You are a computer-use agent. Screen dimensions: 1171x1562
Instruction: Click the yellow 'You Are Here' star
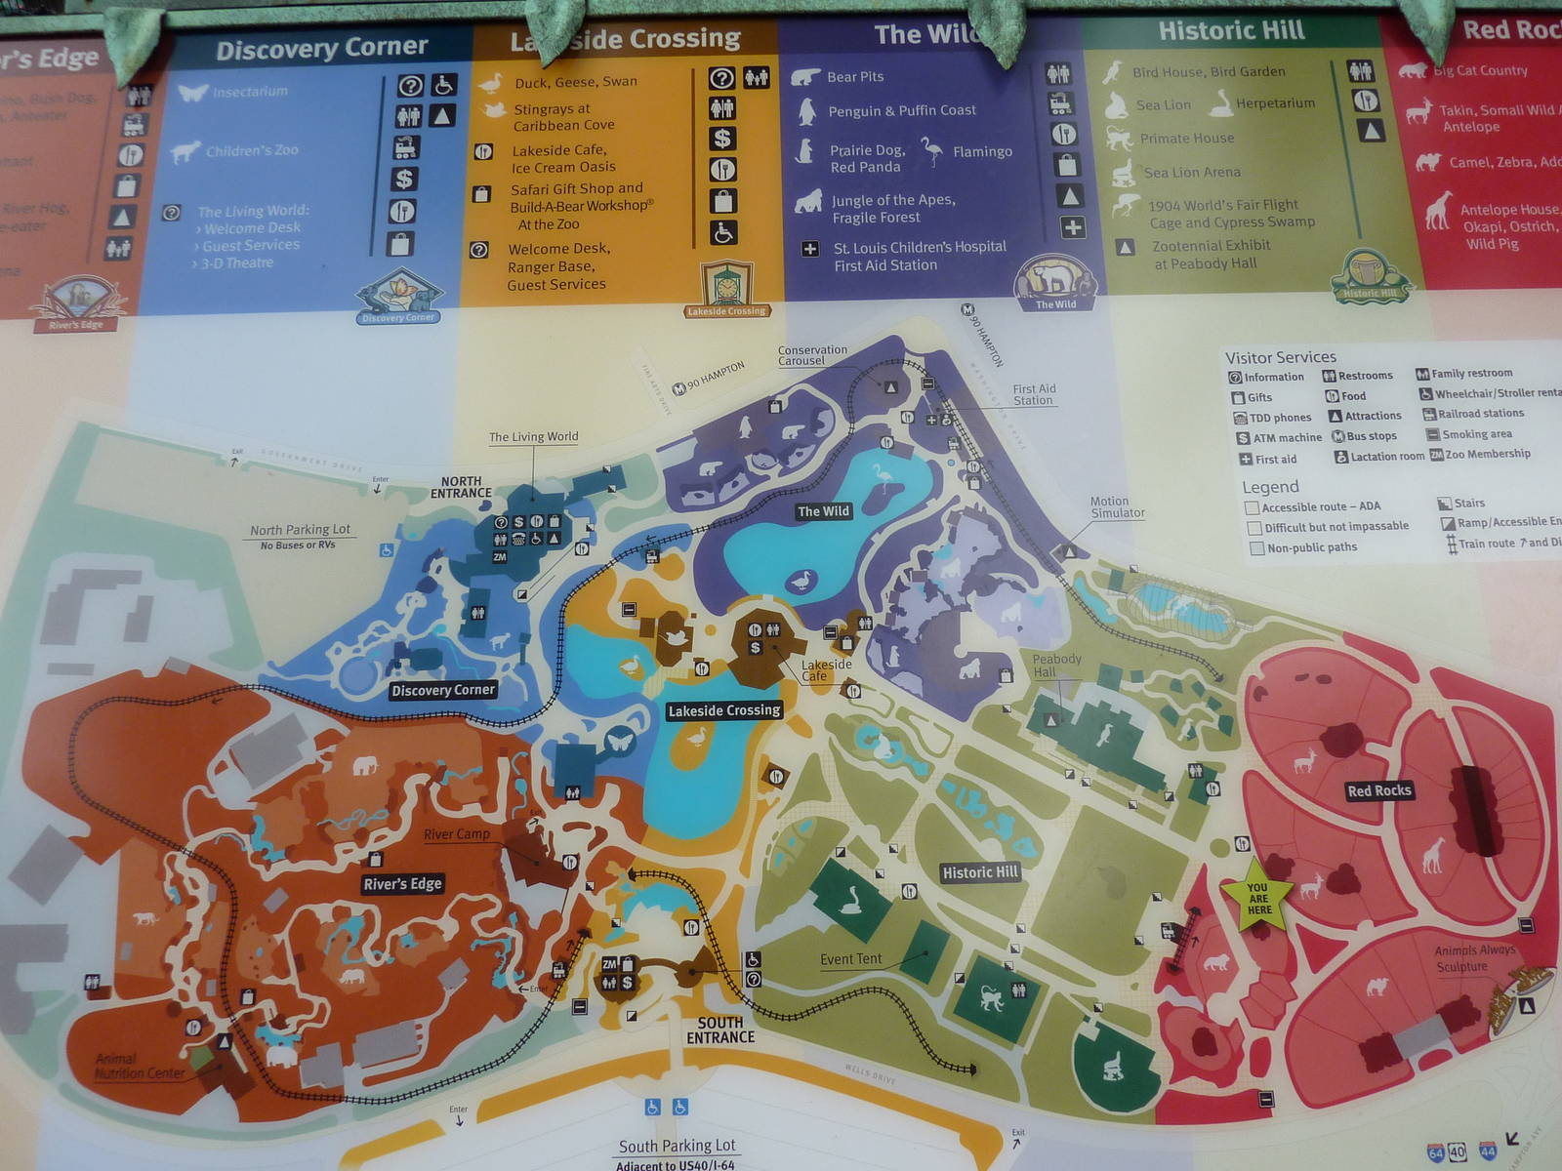[x=1258, y=894]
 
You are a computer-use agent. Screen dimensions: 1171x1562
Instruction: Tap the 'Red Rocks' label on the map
[x=1378, y=790]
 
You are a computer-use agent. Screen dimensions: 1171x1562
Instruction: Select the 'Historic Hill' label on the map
[x=979, y=872]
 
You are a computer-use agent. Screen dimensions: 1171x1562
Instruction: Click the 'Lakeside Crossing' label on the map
[x=723, y=710]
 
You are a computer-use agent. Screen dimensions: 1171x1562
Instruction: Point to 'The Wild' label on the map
[x=823, y=511]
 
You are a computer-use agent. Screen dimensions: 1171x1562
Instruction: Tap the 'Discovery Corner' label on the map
[x=442, y=690]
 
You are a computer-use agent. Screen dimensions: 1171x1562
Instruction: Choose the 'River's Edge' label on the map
[x=402, y=884]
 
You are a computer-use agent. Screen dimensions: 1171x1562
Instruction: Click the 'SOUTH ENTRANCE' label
[x=720, y=1030]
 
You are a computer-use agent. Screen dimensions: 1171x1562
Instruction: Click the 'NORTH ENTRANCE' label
[x=461, y=487]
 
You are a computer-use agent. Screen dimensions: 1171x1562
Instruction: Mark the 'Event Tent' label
[x=850, y=959]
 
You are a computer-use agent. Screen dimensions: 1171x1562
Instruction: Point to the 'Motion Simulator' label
[x=1117, y=506]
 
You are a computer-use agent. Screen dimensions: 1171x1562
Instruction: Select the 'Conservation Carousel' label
[x=812, y=355]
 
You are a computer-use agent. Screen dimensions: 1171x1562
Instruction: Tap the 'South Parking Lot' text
[x=677, y=1146]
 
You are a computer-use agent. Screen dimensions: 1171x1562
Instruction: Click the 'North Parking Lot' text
[x=300, y=530]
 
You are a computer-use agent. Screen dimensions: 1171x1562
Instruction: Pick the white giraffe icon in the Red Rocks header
[x=1437, y=210]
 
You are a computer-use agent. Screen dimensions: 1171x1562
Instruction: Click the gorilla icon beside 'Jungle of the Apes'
[x=808, y=202]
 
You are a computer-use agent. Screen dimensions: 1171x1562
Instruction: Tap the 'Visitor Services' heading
[x=1280, y=357]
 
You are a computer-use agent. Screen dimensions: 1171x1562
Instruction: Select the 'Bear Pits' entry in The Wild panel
[x=854, y=77]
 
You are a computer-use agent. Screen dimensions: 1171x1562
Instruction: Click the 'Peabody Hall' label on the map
[x=1056, y=666]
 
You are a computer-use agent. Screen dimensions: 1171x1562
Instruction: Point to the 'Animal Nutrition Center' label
[x=139, y=1066]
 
